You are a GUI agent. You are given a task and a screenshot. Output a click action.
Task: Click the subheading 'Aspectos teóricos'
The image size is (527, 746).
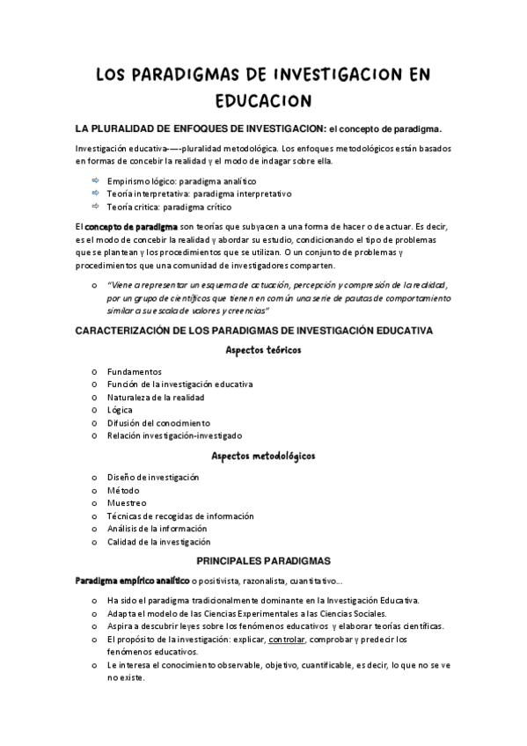[x=263, y=349]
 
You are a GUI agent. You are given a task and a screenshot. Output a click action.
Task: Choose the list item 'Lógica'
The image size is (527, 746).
[x=120, y=410]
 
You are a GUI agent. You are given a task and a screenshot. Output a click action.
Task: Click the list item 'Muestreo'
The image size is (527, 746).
[x=127, y=502]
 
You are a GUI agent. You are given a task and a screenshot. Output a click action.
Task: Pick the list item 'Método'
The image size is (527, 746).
[x=123, y=490]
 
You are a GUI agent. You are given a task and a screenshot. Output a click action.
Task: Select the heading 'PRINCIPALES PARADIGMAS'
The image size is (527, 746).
[x=263, y=559]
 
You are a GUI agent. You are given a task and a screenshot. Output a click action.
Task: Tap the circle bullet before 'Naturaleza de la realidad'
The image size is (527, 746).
[x=94, y=398]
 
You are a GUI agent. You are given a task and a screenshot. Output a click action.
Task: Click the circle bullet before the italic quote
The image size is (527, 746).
[x=94, y=285]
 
